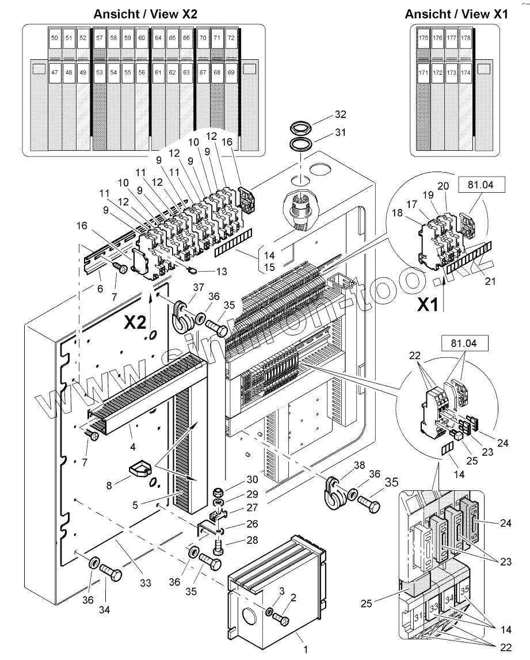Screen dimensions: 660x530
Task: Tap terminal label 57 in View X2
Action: [99, 38]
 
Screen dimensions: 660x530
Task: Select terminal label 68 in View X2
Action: [217, 73]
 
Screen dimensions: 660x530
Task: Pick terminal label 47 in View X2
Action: [55, 73]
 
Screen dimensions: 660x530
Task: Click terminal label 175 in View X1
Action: [424, 38]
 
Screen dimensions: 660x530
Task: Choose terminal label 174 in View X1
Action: [466, 73]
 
